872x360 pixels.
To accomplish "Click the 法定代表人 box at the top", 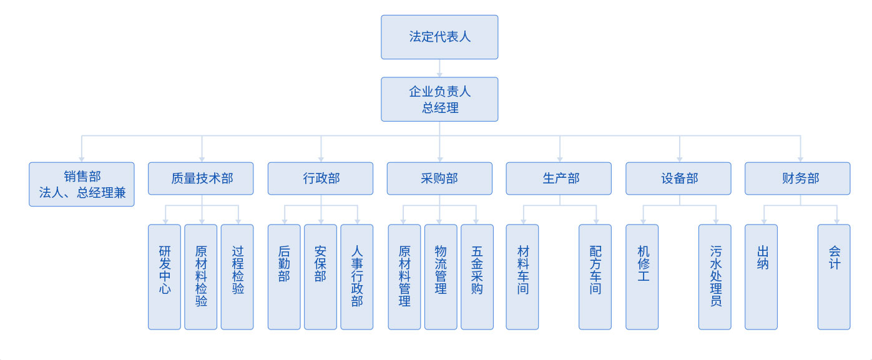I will click(439, 37).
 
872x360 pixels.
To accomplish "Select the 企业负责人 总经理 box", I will click(439, 99).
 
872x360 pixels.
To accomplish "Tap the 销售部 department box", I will click(82, 184).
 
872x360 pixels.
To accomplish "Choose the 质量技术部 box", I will click(202, 178).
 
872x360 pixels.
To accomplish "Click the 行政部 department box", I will click(320, 178).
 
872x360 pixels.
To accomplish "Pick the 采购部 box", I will click(439, 178).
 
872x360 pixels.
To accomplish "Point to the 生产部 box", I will click(559, 178).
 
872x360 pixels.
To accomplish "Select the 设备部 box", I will click(678, 178).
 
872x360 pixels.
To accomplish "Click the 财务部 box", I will click(797, 178).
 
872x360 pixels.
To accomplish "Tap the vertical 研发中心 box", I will click(164, 276).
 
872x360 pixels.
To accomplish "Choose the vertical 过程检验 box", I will click(237, 276).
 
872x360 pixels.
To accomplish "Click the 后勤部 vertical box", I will click(284, 276).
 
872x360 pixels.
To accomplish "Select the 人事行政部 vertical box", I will click(356, 276).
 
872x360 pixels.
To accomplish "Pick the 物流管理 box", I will click(441, 276).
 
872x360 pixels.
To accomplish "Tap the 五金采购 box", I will click(477, 276).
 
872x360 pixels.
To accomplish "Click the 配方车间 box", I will click(595, 276).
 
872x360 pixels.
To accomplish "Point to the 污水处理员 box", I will click(715, 276).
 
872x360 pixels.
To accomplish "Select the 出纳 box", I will click(761, 276).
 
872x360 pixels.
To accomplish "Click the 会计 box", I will click(834, 276).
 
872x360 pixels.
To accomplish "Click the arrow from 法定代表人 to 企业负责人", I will click(439, 69).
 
